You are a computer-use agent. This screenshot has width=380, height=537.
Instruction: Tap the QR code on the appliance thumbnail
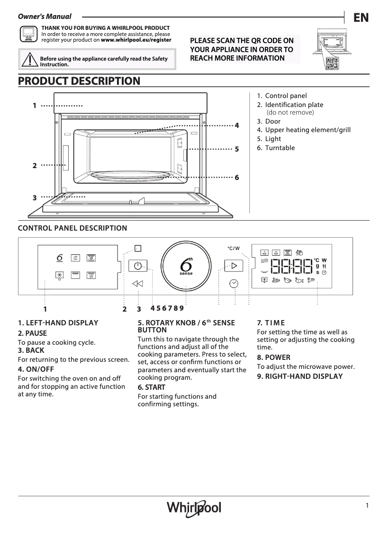[332, 63]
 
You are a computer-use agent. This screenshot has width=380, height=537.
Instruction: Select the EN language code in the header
[361, 18]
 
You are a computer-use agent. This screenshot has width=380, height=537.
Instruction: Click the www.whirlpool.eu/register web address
[136, 40]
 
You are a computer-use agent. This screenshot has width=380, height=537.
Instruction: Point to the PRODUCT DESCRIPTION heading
[79, 81]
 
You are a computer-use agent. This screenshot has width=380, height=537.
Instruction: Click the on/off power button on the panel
[137, 266]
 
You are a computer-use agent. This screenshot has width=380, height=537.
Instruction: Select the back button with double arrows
[137, 284]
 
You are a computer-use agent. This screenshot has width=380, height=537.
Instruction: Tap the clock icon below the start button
[234, 283]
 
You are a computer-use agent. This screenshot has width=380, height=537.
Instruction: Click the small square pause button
[137, 248]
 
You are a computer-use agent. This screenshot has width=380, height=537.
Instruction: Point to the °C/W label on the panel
[234, 248]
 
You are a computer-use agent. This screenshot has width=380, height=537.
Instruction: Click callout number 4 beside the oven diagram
[237, 125]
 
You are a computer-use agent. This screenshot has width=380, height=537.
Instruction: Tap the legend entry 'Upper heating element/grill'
[308, 130]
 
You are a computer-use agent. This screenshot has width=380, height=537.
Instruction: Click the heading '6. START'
[152, 387]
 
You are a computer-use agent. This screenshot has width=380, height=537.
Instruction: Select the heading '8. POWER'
[273, 358]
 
